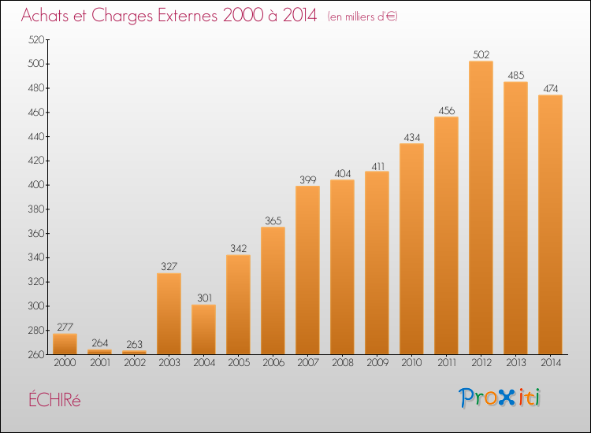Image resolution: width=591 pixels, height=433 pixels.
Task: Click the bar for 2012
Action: click(x=481, y=208)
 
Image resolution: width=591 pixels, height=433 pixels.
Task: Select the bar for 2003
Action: click(x=169, y=313)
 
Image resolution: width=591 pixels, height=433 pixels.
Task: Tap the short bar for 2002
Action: click(x=134, y=353)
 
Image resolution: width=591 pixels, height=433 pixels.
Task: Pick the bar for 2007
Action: click(x=307, y=270)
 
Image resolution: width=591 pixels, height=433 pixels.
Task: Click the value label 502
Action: click(x=481, y=55)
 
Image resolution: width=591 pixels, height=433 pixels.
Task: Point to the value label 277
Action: click(x=65, y=328)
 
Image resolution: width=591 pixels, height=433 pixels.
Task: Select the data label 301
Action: click(x=204, y=298)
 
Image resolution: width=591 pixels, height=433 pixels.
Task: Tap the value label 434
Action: click(x=411, y=138)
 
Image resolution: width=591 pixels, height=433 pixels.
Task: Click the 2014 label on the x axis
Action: click(x=551, y=363)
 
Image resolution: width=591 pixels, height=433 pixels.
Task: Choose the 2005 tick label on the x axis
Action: click(x=239, y=363)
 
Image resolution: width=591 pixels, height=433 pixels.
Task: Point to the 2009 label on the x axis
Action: click(x=377, y=363)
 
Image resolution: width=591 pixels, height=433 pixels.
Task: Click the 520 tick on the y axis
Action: click(x=36, y=39)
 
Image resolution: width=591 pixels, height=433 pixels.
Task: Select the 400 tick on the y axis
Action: click(x=36, y=185)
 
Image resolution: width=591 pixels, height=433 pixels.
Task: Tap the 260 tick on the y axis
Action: click(x=36, y=355)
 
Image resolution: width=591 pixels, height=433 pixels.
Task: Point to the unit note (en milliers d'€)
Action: click(x=362, y=17)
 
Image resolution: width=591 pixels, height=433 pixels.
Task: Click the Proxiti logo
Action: click(x=500, y=398)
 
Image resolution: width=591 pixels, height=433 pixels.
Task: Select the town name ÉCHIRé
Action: click(x=54, y=399)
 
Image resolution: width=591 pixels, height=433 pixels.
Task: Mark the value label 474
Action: click(x=550, y=89)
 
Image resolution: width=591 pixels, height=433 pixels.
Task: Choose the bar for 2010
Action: click(x=411, y=249)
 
